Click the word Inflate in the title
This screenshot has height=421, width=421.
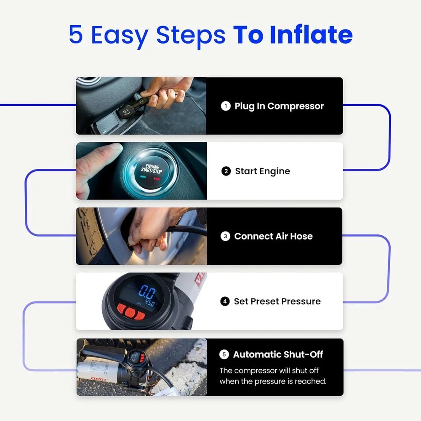point(311,35)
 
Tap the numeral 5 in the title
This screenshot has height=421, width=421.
point(75,35)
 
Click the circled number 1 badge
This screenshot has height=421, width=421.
point(226,106)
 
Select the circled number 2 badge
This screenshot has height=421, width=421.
point(226,171)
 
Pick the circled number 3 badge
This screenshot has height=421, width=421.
point(225,236)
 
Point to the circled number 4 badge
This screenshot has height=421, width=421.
point(225,301)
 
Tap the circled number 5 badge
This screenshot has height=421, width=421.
point(224,354)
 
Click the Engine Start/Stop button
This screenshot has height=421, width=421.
point(151,171)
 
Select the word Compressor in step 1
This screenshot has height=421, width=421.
point(296,107)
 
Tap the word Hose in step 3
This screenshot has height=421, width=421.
point(301,236)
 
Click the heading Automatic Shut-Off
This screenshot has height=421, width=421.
point(278,354)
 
